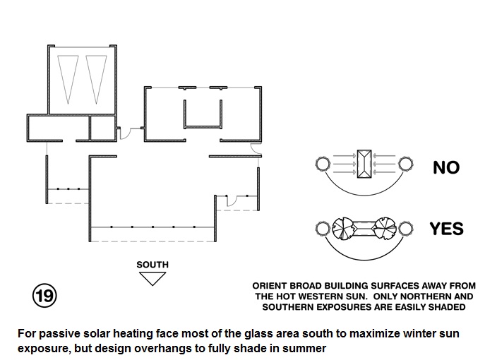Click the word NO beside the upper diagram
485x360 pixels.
445,167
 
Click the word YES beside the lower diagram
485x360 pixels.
446,229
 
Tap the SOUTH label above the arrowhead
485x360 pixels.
152,265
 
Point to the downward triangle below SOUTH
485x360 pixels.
152,277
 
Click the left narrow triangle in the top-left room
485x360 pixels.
68,78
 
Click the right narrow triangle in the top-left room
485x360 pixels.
94,78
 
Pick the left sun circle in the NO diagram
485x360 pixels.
322,165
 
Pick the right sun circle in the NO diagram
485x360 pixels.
406,165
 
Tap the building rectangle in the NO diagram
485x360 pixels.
364,164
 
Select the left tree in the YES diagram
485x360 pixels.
345,229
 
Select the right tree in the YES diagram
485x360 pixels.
385,229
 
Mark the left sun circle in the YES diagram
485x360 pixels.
323,228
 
